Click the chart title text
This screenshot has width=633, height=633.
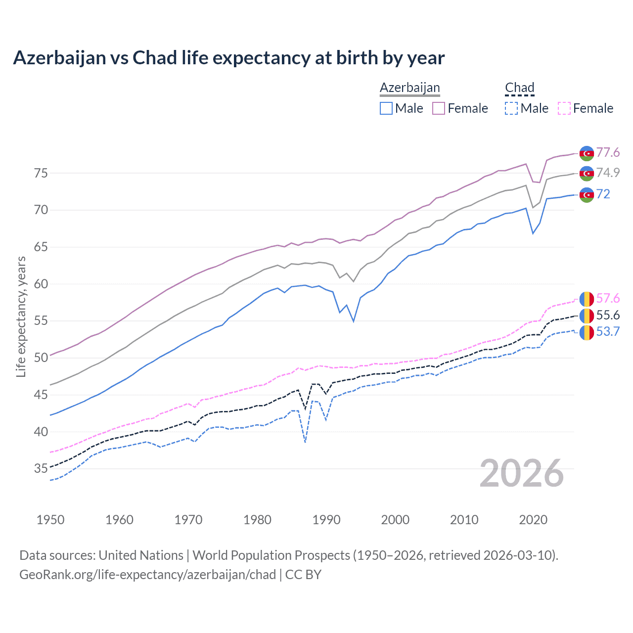(x=228, y=58)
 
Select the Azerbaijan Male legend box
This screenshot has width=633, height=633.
(x=386, y=108)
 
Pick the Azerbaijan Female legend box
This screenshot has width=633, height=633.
(x=439, y=108)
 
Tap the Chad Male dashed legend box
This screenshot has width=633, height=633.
(x=511, y=108)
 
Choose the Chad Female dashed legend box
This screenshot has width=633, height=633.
(x=564, y=108)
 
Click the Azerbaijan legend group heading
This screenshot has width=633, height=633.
(x=409, y=88)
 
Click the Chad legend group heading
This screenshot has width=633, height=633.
(x=519, y=88)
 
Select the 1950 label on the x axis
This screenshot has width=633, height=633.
(x=50, y=520)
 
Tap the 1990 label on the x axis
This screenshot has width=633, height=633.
(x=326, y=520)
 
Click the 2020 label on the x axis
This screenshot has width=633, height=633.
(x=533, y=520)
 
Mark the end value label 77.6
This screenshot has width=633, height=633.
(x=608, y=152)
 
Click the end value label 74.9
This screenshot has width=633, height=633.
(x=608, y=173)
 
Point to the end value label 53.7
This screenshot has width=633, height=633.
(x=608, y=331)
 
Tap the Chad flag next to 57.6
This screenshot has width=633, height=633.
(x=587, y=299)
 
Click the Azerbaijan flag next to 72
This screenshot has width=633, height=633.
(x=587, y=195)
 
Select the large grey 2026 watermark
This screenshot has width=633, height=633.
(x=522, y=473)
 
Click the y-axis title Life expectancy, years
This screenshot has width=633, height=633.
(x=21, y=316)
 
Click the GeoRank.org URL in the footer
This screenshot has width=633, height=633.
(x=147, y=575)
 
